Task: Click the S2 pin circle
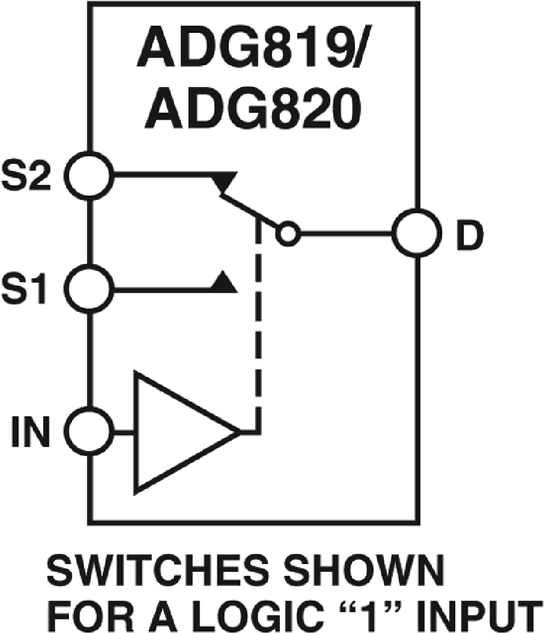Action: point(89,175)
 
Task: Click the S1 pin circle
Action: point(89,289)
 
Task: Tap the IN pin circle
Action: point(89,432)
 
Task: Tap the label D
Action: point(468,234)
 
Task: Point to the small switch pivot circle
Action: point(288,233)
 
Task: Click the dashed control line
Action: point(260,326)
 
